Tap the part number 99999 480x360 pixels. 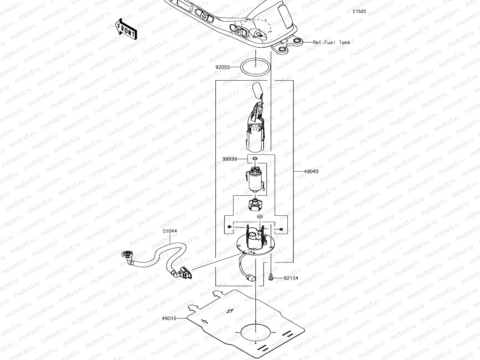[230, 159]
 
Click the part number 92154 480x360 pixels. [291, 278]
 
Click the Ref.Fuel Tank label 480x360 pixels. [331, 42]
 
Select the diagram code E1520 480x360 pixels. [359, 11]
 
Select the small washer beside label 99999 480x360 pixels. [255, 158]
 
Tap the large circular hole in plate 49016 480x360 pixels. [255, 332]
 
